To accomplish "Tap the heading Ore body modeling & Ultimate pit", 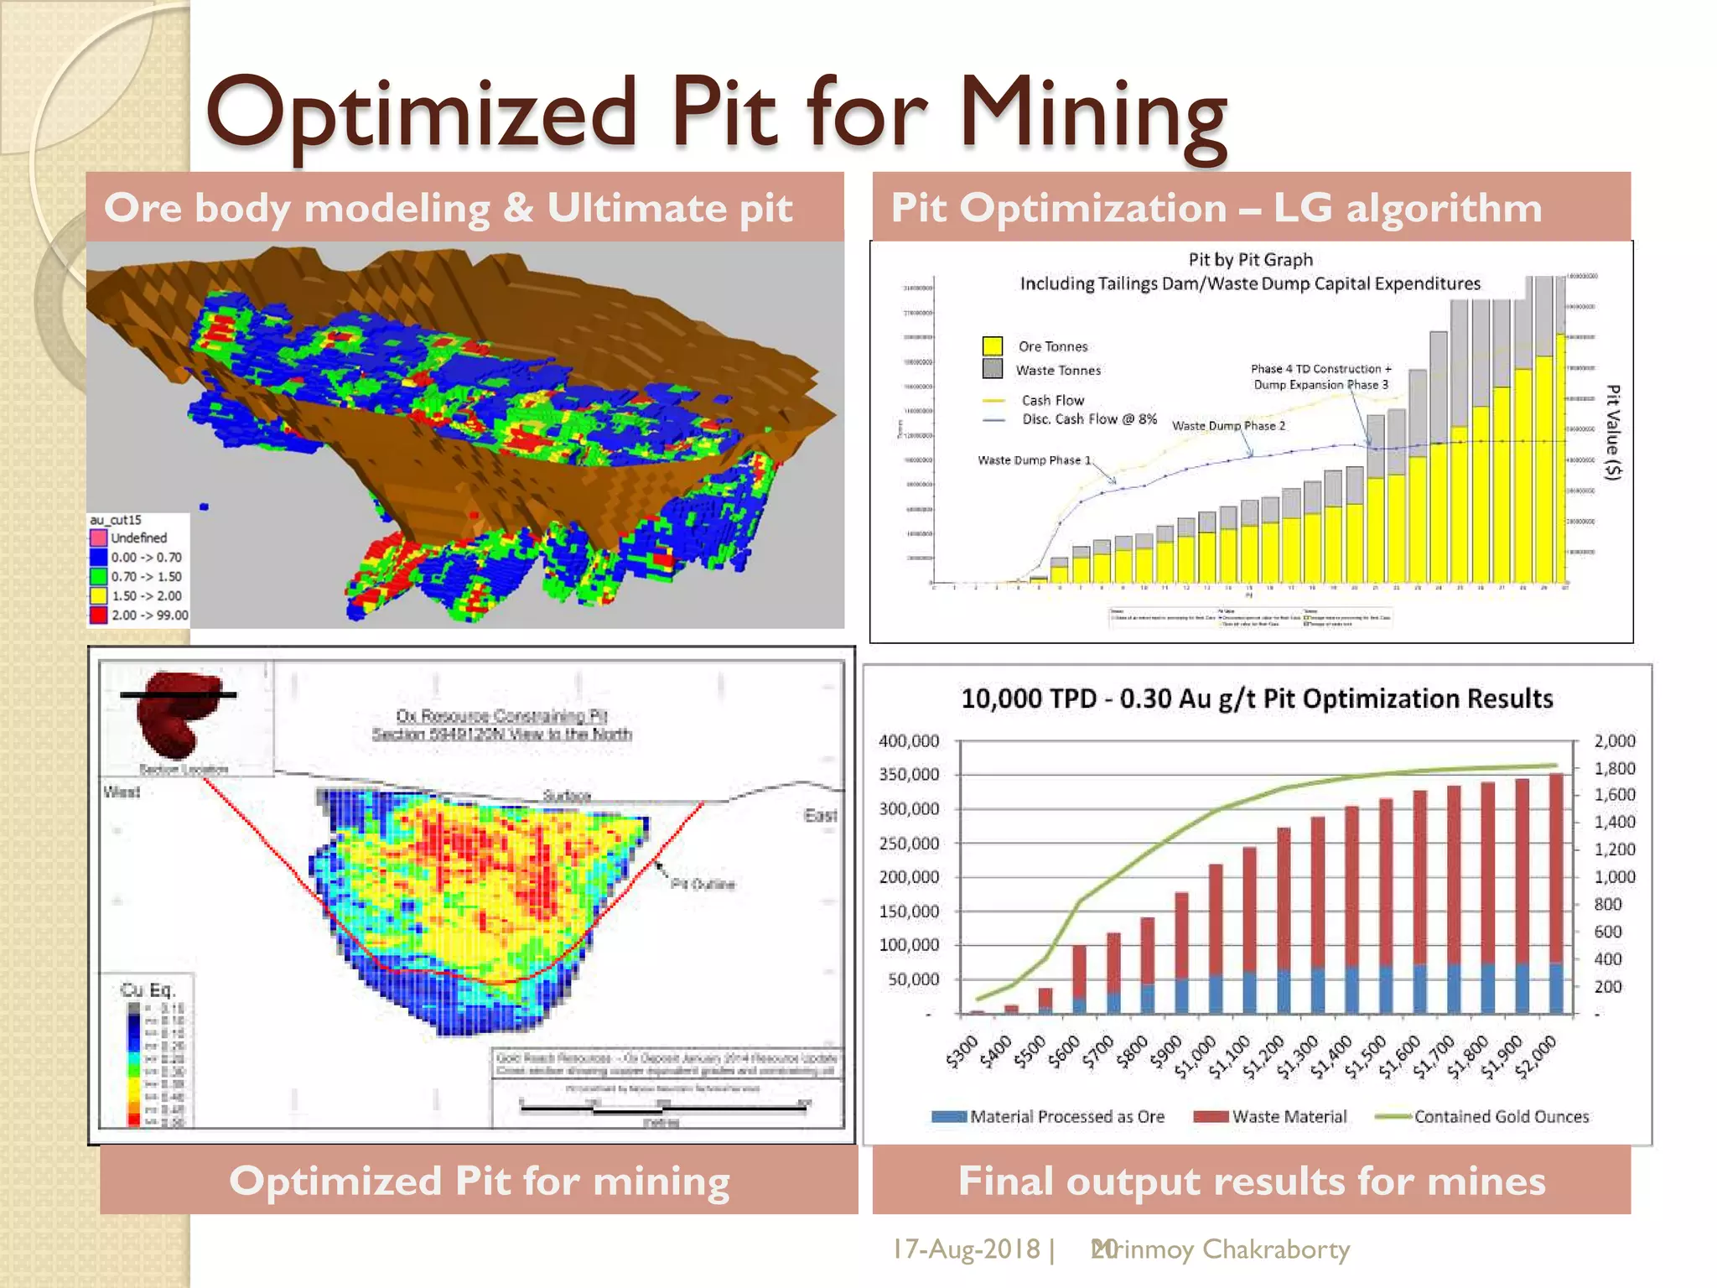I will (x=448, y=208).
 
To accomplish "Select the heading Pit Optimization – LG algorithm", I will (x=1216, y=208).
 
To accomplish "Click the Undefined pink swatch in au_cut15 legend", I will (x=98, y=538).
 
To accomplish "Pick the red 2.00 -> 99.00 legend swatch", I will (x=98, y=615).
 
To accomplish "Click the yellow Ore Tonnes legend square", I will (x=992, y=346).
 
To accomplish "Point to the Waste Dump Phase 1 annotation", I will (x=1034, y=460).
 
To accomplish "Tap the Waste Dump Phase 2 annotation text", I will (x=1227, y=426).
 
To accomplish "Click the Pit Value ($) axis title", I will (x=1612, y=432).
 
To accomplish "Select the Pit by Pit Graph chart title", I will (x=1250, y=260).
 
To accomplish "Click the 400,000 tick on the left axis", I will (x=908, y=741).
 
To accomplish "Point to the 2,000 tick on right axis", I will (x=1614, y=741).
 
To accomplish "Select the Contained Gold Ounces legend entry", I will (x=1501, y=1117).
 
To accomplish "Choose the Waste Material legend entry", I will (x=1289, y=1117).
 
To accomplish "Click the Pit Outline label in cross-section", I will (x=703, y=884).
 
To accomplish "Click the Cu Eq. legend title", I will (x=148, y=990).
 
